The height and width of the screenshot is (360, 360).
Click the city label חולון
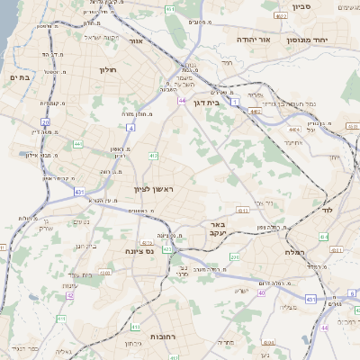(109, 69)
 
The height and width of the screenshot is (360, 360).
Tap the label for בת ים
(20, 78)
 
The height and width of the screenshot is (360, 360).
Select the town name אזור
(137, 40)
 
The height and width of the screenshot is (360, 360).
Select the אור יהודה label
(259, 40)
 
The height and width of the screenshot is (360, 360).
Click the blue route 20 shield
(46, 121)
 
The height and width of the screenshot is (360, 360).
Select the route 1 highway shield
(236, 103)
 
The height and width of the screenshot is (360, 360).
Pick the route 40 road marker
(262, 292)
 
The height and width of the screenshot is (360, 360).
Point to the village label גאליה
(61, 353)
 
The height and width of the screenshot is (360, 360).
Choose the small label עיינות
(44, 227)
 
